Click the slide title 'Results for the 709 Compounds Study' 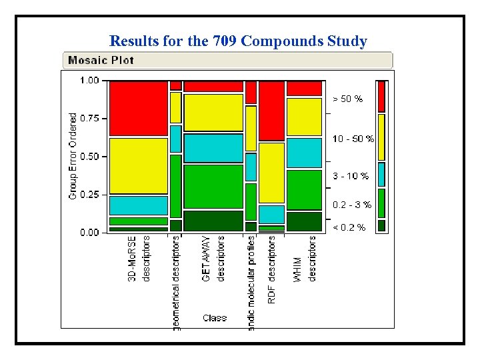(238, 41)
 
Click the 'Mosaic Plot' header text (100, 60)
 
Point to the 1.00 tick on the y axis (89, 81)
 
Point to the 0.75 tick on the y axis (89, 119)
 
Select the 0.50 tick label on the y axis (89, 157)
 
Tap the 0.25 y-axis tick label (89, 195)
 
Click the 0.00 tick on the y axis (89, 233)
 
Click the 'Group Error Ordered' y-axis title (73, 155)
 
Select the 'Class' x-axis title (215, 318)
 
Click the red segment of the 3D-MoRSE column (138, 108)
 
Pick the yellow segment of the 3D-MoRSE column (138, 165)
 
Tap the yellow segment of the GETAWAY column (213, 112)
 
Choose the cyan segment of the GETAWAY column (213, 148)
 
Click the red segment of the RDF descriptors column (271, 111)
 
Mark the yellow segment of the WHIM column (304, 117)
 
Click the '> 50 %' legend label (348, 99)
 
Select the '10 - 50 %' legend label (353, 139)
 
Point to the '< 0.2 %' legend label (349, 227)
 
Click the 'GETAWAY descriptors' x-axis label (213, 258)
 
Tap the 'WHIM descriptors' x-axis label (305, 259)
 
